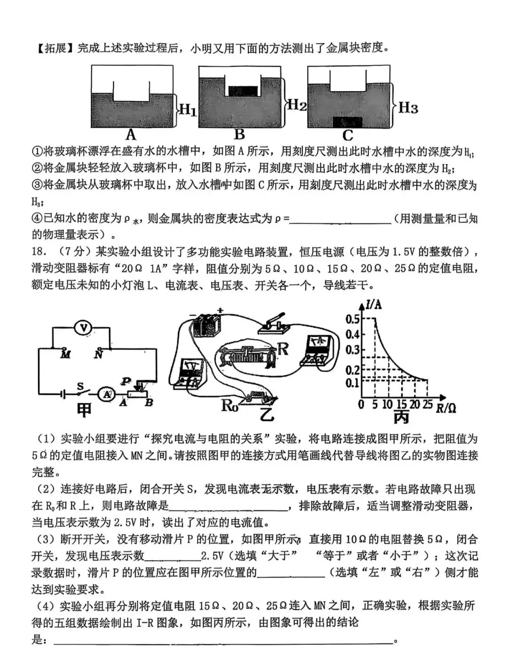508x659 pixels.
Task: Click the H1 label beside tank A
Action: pos(188,110)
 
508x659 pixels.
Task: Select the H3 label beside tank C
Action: pos(408,108)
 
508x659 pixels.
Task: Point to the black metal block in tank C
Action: pos(348,122)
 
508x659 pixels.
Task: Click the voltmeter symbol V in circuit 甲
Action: pos(83,328)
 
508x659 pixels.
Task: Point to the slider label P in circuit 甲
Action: pos(126,381)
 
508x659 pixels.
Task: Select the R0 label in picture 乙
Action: pos(230,405)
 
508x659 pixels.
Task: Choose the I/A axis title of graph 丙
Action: pos(373,304)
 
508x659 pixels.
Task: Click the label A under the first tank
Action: pos(131,135)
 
